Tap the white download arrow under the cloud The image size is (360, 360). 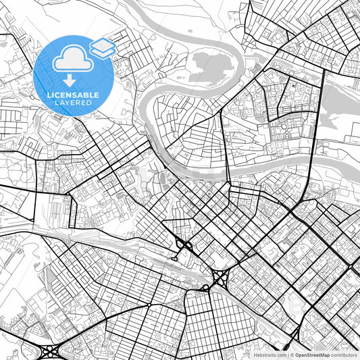point(70,80)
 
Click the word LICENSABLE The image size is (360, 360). point(73,95)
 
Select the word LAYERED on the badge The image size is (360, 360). point(73,103)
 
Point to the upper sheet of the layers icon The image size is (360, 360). point(103,44)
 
